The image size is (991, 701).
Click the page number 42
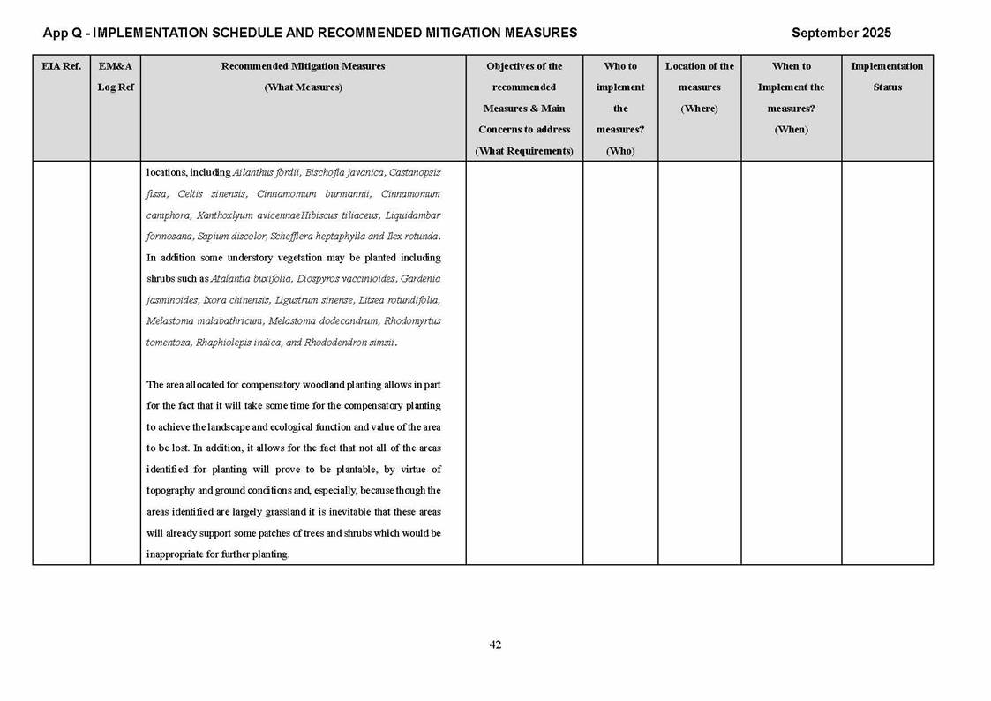point(495,645)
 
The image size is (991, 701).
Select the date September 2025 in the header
point(841,33)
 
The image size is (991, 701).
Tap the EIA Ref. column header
point(61,66)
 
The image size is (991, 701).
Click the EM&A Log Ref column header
point(115,77)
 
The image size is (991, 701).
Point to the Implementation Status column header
point(887,77)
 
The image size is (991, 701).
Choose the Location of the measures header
point(699,87)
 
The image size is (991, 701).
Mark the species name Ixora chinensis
point(236,300)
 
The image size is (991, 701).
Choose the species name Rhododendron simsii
point(349,343)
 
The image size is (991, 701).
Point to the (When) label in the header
point(791,130)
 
